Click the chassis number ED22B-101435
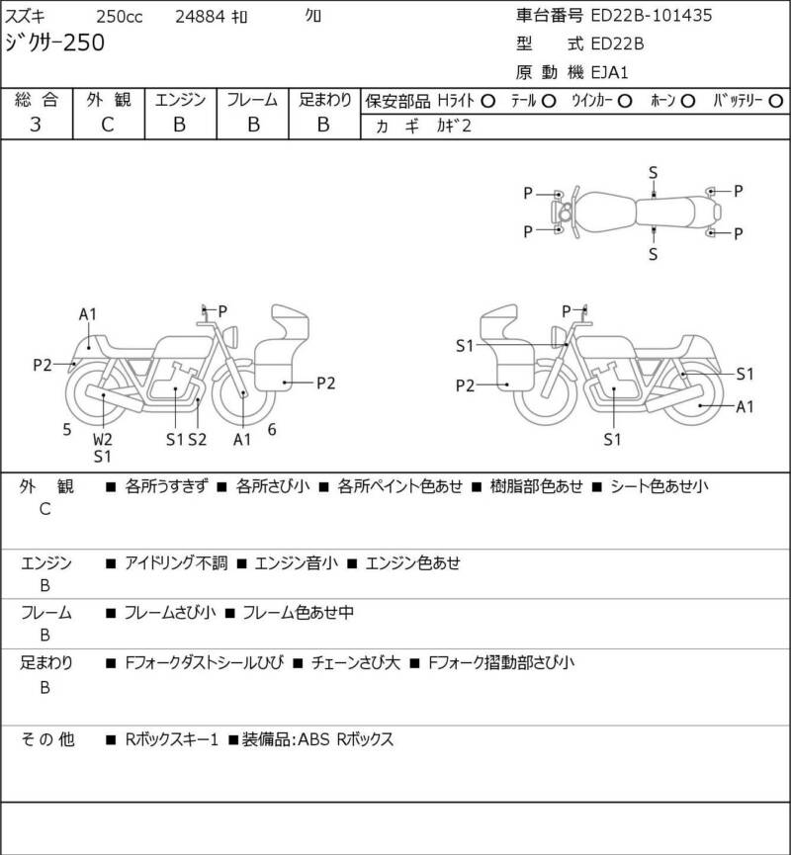coord(651,16)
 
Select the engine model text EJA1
coord(610,71)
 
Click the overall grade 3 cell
coord(36,125)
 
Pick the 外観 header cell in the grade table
coord(108,100)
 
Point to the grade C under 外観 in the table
coord(108,125)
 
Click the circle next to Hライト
coord(487,101)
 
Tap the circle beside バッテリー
coord(776,101)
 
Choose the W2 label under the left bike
coord(103,439)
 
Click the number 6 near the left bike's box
coord(271,429)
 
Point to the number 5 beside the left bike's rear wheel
coord(66,429)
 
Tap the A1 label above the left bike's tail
coord(88,314)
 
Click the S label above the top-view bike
coord(653,172)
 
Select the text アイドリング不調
coord(177,563)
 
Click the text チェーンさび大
coord(355,662)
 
